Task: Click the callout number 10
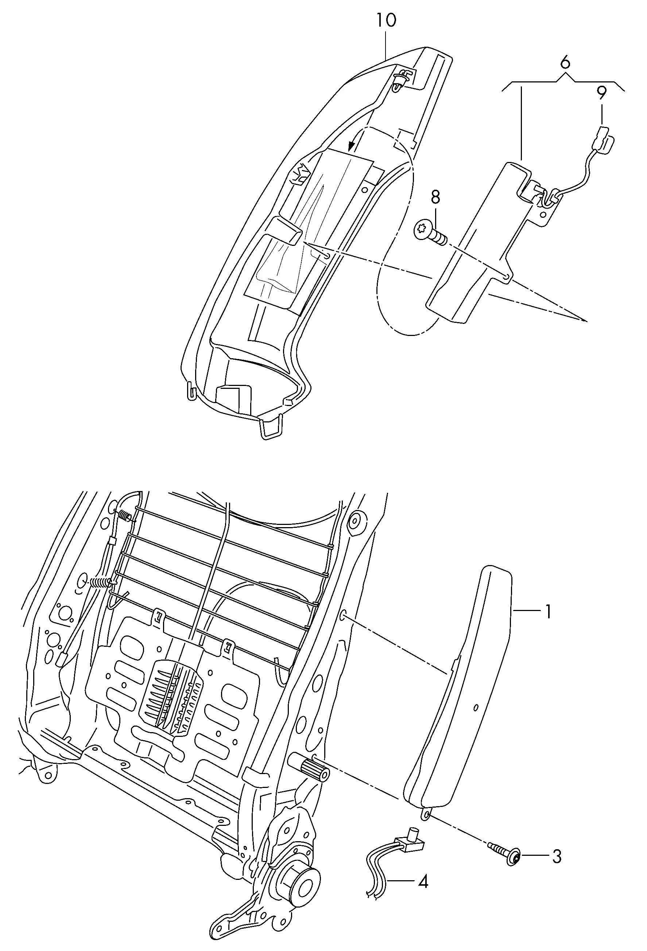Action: (x=386, y=20)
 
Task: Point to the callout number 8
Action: (x=435, y=197)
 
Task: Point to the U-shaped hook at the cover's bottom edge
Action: (x=270, y=428)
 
